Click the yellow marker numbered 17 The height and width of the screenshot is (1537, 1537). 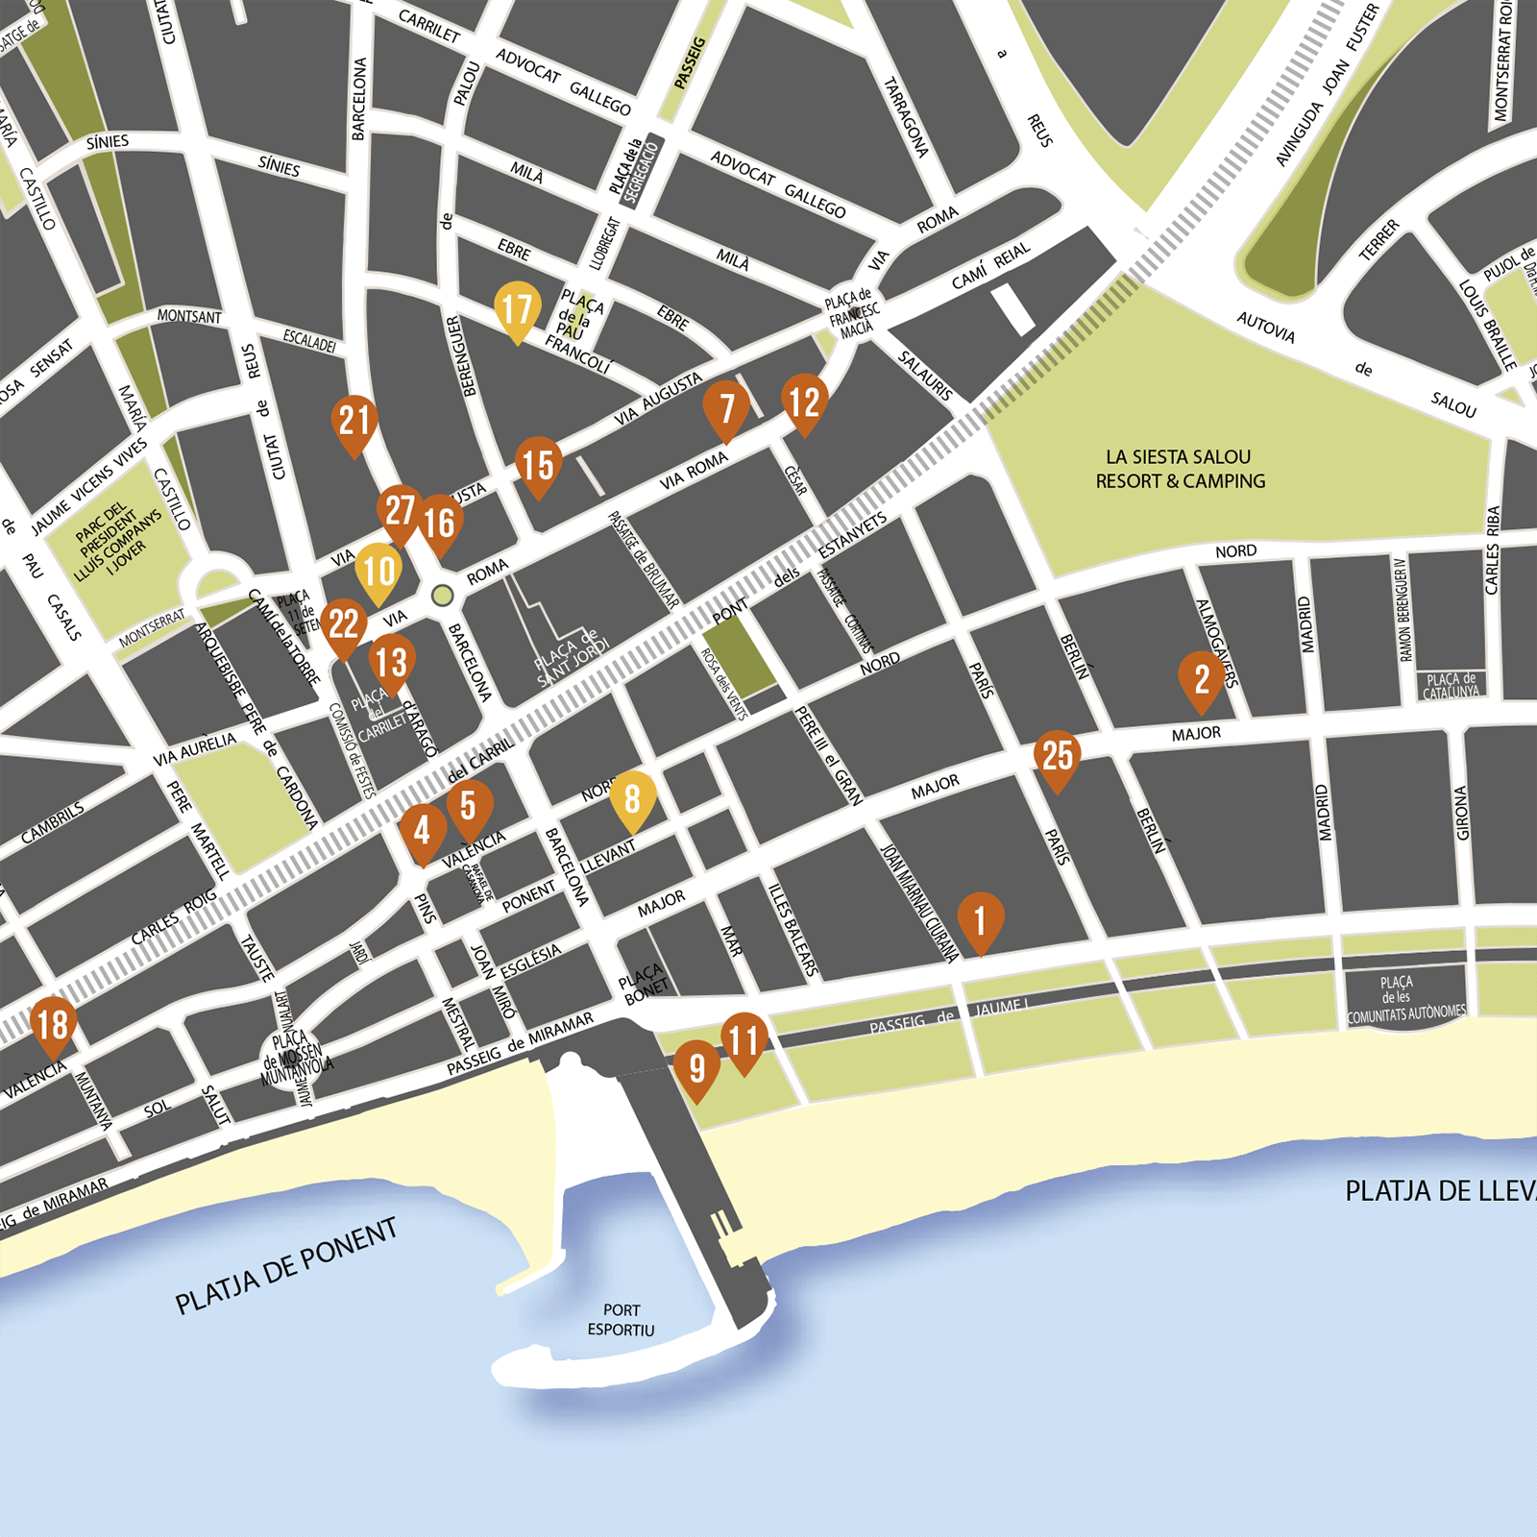tap(517, 308)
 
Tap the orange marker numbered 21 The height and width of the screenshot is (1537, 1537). tap(354, 421)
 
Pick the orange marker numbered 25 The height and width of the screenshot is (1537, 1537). tap(1057, 756)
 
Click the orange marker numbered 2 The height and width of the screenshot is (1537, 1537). tap(1201, 678)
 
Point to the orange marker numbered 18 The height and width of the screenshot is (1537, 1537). tap(53, 1024)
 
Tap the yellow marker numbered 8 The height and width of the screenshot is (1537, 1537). tap(632, 798)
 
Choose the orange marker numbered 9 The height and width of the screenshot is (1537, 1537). tap(696, 1067)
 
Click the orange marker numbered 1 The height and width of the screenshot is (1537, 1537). tap(980, 920)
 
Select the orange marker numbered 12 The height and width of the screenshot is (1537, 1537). tap(804, 402)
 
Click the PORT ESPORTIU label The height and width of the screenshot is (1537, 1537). tap(622, 1320)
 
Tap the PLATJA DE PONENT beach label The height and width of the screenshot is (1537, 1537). tap(286, 1266)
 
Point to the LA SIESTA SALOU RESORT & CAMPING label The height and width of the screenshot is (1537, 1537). tap(1180, 469)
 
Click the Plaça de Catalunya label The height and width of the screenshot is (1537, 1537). tap(1451, 686)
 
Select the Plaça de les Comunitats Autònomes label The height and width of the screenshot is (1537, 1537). tap(1405, 1000)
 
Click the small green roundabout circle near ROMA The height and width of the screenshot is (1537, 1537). tap(442, 596)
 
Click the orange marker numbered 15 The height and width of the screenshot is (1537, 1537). tap(538, 465)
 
